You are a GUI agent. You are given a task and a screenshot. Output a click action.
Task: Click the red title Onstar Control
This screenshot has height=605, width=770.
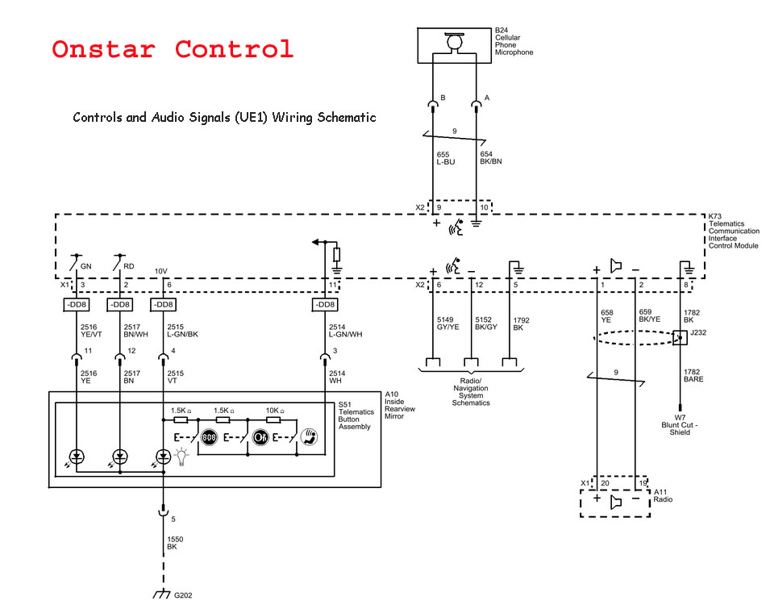pos(173,49)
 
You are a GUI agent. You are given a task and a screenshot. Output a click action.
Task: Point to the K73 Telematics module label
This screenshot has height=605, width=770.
pos(733,231)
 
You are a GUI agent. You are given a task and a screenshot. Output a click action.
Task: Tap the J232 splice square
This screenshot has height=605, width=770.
pos(680,338)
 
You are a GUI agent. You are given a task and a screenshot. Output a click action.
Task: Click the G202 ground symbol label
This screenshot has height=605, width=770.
pos(183,596)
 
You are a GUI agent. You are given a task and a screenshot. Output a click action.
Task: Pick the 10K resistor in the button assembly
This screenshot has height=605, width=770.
pos(273,419)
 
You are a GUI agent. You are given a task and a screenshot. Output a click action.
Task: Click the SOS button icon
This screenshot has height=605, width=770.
pos(210,438)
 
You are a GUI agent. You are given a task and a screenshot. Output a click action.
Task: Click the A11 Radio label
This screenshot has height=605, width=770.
pos(663,495)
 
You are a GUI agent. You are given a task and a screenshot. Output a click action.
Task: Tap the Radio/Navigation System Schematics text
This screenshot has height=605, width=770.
pos(470,391)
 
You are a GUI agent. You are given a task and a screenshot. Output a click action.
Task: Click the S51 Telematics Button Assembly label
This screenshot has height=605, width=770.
pos(356,415)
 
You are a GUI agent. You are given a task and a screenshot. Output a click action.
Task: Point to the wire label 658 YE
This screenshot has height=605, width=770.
pos(607,315)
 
